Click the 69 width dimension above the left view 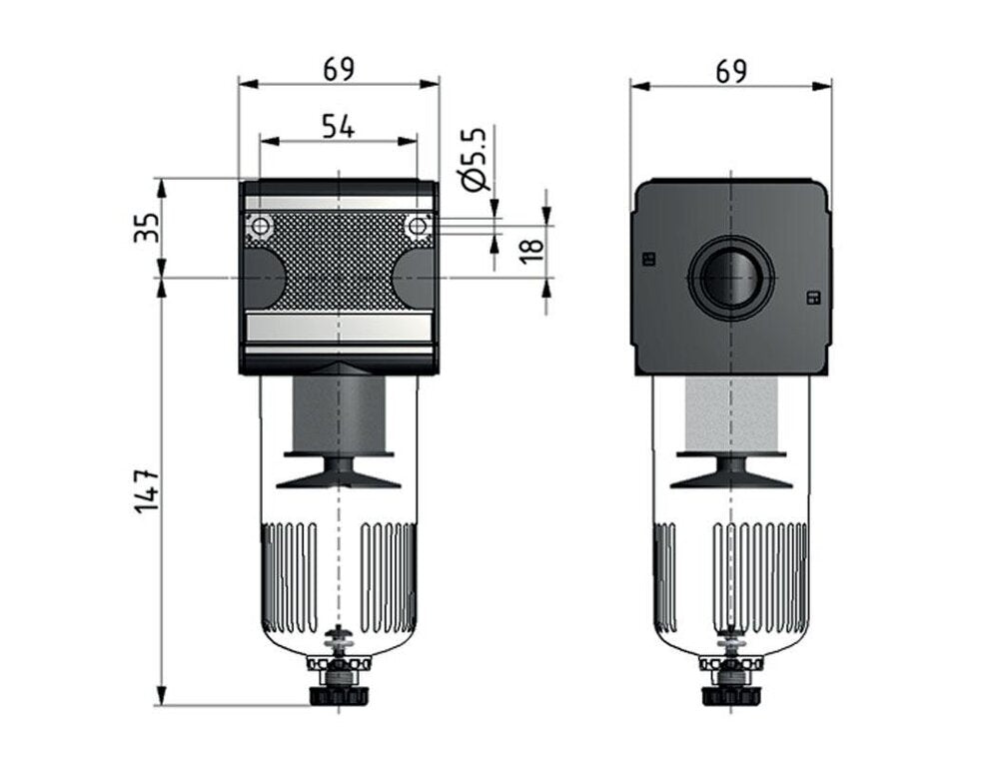click(339, 69)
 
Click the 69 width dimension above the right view click(731, 70)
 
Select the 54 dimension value click(338, 126)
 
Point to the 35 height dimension click(147, 228)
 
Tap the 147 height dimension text click(147, 490)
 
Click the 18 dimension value click(531, 243)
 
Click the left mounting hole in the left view click(260, 227)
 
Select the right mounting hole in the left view click(417, 227)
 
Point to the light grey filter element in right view click(731, 413)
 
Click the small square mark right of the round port click(811, 297)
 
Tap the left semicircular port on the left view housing click(262, 278)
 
